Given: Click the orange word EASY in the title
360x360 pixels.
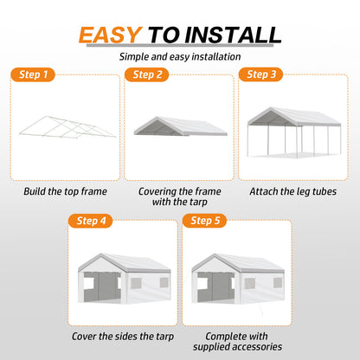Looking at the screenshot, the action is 110,35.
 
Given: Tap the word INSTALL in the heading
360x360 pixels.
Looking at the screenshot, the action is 233,35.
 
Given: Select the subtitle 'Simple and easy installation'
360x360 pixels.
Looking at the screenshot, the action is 180,57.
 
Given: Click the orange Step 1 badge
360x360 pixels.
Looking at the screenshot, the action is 33,74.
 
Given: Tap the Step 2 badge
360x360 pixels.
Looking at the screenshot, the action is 146,74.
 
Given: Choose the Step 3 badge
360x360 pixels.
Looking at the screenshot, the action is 260,74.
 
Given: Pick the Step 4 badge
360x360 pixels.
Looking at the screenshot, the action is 90,221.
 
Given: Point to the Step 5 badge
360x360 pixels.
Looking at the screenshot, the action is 204,221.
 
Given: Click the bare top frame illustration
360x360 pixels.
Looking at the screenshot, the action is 67,127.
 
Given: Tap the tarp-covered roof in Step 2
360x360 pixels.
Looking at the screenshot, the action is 181,126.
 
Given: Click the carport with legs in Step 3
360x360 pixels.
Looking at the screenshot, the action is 294,132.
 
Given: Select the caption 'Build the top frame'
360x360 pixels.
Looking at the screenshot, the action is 65,191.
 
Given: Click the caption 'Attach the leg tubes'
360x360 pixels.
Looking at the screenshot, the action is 293,191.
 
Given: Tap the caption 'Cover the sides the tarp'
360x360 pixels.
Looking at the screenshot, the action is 123,337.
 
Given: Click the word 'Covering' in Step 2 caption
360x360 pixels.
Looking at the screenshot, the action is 157,191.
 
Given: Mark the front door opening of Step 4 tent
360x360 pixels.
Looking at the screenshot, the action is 102,287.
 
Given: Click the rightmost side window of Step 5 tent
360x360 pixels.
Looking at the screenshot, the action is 278,283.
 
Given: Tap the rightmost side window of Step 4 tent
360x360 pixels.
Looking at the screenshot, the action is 164,283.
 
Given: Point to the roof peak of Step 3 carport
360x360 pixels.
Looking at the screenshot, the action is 271,107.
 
